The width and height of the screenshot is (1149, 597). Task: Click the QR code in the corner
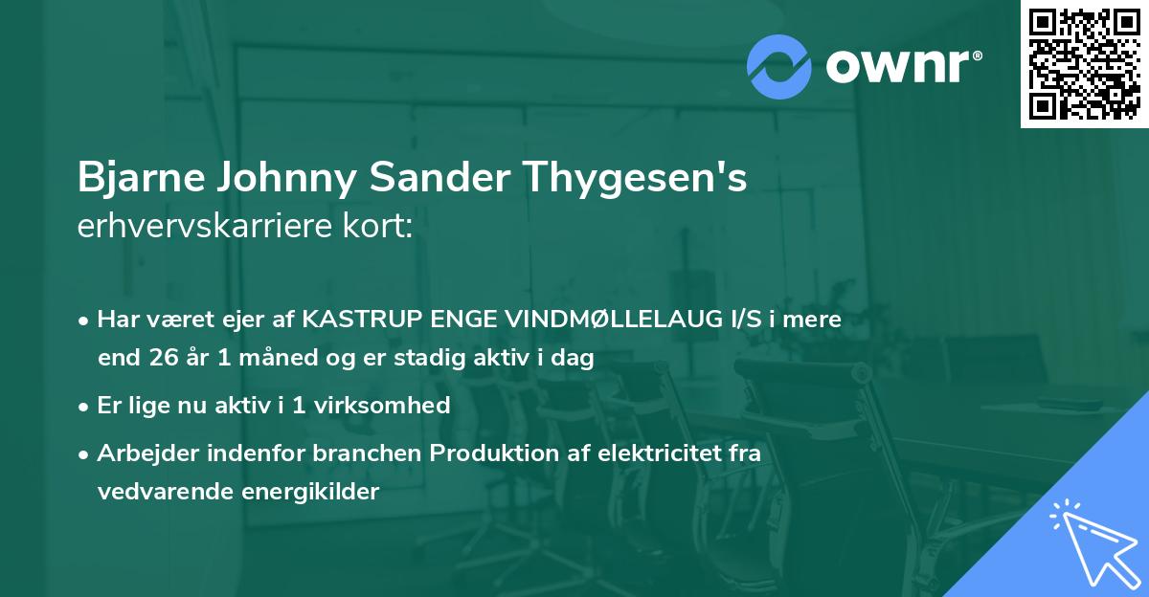pos(1084,64)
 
